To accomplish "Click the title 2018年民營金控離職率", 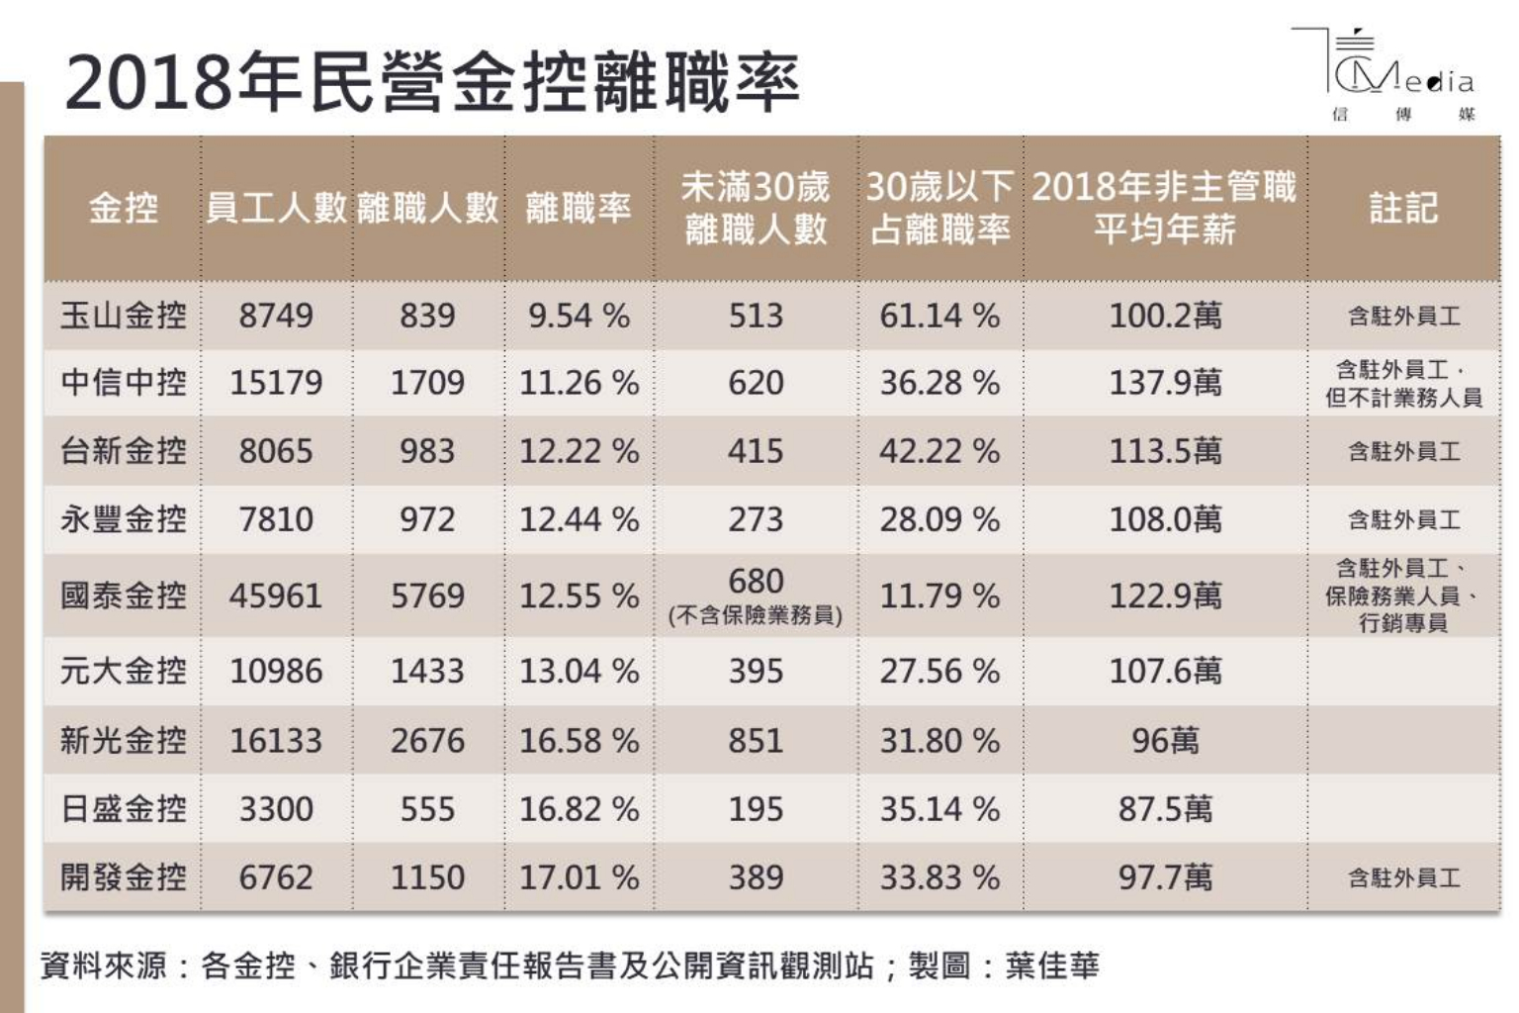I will coord(431,81).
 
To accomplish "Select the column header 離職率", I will coord(578,209).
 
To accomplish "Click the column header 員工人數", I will coord(276,209).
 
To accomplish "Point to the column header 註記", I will coord(1402,209).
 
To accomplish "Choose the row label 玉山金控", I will coord(123,316).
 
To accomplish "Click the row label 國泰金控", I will coord(123,596).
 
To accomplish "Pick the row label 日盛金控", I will coord(123,809).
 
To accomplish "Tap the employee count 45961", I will coord(276,596).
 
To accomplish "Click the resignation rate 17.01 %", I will coord(579,877).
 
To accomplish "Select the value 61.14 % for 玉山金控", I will coord(939,316).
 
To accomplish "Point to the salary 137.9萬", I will coord(1165,383).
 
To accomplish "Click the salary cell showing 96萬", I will coord(1165,741).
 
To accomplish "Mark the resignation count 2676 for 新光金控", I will coord(427,741).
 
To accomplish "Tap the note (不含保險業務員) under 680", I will coord(756,616).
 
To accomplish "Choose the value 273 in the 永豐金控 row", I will coord(756,519).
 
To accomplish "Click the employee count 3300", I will coord(276,809).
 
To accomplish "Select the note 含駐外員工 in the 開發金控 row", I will coord(1402,877).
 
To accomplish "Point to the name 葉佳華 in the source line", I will coord(1052,966).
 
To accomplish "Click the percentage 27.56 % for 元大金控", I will coord(939,672).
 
